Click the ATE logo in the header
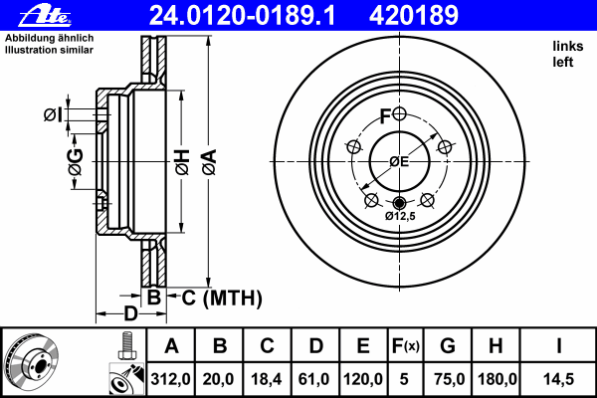coord(45,15)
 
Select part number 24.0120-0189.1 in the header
coord(242,15)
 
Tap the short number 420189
coord(414,15)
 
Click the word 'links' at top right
coord(568,46)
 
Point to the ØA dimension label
coord(209,162)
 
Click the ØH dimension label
coord(182,162)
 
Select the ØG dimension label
coord(76,162)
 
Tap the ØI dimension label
coord(53,114)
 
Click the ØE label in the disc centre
coord(399,162)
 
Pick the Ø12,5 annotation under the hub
coord(400,216)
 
